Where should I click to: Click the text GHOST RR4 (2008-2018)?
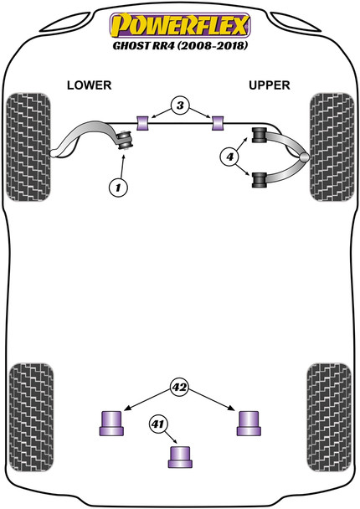point(180,46)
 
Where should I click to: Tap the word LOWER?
point(89,86)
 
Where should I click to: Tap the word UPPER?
point(269,86)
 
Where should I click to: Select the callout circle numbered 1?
point(119,188)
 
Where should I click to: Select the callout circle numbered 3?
point(180,106)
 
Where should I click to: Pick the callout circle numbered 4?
point(229,157)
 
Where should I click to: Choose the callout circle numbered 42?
point(179,387)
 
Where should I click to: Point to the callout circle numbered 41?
point(158,425)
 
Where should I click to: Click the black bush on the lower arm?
point(126,140)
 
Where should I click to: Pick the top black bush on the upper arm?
point(259,134)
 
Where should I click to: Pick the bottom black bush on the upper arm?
point(259,178)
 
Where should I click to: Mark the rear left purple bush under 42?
point(111,423)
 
